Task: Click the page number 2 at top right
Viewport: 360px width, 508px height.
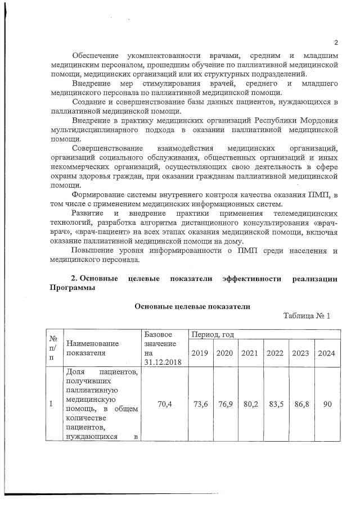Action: click(336, 43)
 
